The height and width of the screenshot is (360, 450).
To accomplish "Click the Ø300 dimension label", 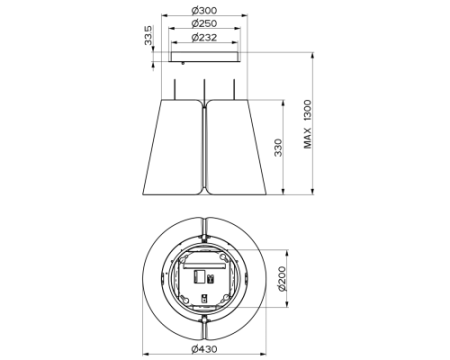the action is (x=204, y=10).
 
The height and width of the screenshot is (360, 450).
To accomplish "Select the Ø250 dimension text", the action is (x=204, y=24).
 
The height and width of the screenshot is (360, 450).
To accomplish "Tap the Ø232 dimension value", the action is (x=204, y=37).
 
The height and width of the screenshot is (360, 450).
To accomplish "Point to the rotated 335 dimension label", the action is (x=148, y=35).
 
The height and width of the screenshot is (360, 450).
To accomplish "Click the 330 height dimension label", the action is (x=278, y=148).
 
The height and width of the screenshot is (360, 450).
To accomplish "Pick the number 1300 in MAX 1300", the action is (x=307, y=110).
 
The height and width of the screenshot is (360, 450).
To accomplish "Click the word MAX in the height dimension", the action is (x=307, y=138).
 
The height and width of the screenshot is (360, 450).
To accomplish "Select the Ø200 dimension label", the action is (x=282, y=279).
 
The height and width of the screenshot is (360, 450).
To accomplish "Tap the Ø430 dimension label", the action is (x=204, y=349).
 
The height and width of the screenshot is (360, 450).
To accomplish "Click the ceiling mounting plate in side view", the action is (x=205, y=57).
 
